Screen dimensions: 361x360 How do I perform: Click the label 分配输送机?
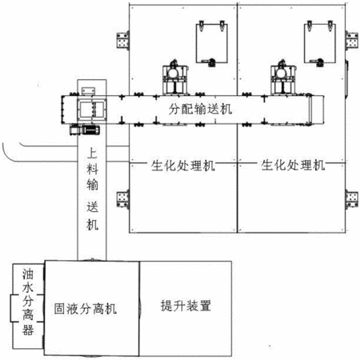[x=200, y=109]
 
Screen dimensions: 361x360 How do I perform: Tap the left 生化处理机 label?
[x=183, y=166]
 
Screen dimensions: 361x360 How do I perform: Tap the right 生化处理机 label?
[x=293, y=165]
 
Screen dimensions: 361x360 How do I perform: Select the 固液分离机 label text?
[x=86, y=309]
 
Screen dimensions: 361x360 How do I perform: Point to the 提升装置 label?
[x=186, y=306]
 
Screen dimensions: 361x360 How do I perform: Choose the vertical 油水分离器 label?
[x=28, y=302]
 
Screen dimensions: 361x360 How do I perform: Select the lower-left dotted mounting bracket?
[x=122, y=199]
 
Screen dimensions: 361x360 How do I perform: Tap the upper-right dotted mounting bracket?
[x=352, y=41]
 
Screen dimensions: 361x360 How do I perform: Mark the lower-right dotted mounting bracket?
[x=352, y=199]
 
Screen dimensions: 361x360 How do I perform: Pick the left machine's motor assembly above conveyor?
[x=175, y=78]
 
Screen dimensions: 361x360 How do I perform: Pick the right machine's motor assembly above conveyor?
[x=283, y=78]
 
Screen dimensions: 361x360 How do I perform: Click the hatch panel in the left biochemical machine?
[x=212, y=43]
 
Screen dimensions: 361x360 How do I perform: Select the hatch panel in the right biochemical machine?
[x=320, y=43]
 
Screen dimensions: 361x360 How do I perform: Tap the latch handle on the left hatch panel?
[x=209, y=62]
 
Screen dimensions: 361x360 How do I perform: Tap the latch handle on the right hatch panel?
[x=317, y=62]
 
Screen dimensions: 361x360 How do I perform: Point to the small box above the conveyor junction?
[x=88, y=91]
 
